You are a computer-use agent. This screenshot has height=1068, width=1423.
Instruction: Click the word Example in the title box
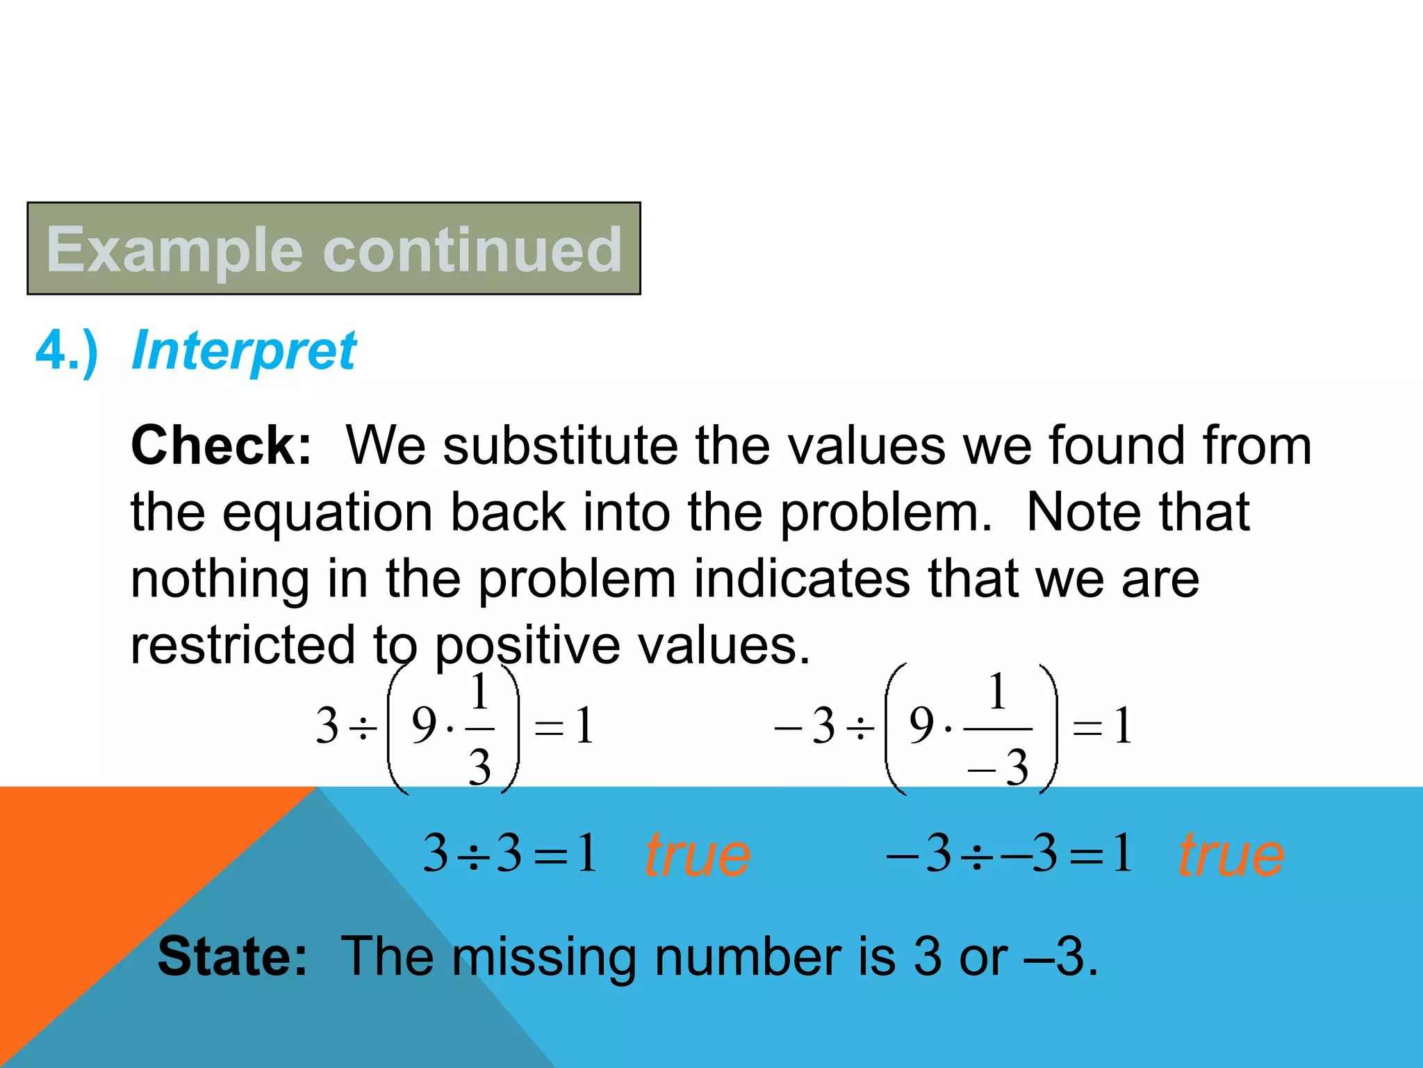point(175,250)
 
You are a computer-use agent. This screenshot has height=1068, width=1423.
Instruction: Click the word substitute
point(560,446)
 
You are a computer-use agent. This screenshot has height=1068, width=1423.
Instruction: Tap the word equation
point(327,512)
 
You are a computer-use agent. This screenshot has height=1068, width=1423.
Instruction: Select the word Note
point(1081,512)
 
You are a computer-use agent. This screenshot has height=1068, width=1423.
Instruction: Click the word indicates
point(802,578)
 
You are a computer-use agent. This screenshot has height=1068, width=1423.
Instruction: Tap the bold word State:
point(232,957)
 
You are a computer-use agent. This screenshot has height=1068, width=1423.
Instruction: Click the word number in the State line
point(748,957)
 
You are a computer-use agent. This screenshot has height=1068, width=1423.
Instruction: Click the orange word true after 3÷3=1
point(698,855)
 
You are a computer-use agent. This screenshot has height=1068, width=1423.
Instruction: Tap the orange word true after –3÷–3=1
point(1231,855)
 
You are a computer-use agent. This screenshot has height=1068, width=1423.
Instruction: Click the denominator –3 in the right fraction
point(998,768)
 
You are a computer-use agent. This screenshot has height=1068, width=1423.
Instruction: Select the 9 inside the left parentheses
point(424,725)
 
